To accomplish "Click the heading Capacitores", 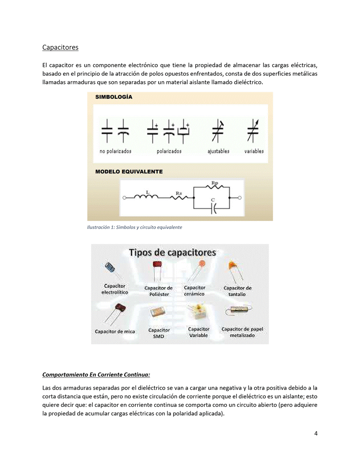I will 60,47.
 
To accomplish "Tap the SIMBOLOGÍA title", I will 114,97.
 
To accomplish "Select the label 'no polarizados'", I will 115,151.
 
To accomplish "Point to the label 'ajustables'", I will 219,151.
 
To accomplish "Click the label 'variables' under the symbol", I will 254,151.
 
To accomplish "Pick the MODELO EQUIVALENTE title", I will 129,171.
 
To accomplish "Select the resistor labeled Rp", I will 215,187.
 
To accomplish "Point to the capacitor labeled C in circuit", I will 213,208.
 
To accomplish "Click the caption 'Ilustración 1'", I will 134,227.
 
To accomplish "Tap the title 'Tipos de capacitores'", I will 172,253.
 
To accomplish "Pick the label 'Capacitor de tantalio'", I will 238,291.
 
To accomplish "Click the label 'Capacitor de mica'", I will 115,332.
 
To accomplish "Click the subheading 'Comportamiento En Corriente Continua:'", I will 96,375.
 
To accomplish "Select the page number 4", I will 316,433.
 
